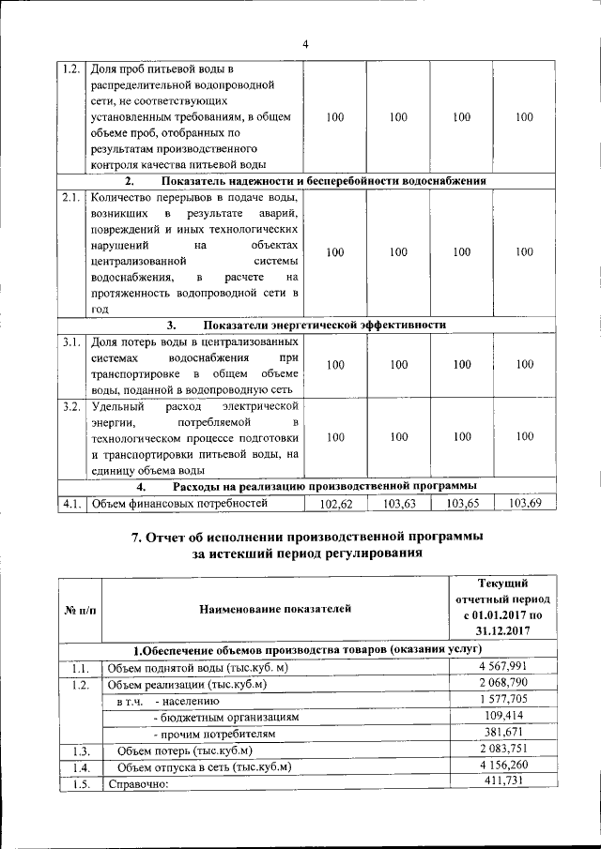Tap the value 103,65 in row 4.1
(461, 504)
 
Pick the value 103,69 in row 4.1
(524, 504)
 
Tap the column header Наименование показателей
(275, 610)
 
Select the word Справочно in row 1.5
(137, 784)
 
